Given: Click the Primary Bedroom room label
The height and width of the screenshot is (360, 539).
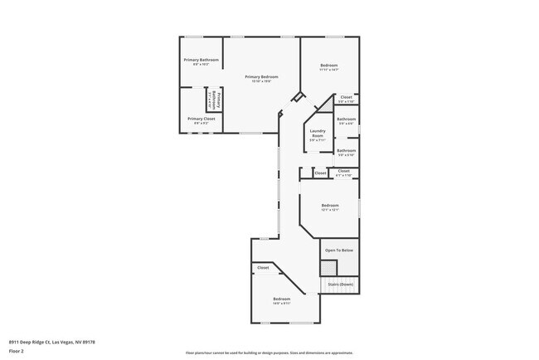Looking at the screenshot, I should pyautogui.click(x=261, y=76).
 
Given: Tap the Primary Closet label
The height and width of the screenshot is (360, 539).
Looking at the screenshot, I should pyautogui.click(x=201, y=119).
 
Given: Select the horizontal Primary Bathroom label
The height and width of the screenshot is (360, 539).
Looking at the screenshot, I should pyautogui.click(x=202, y=60).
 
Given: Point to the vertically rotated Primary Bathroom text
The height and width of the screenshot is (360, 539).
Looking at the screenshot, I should pyautogui.click(x=213, y=100).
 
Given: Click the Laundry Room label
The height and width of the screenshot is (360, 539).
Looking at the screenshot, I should pyautogui.click(x=318, y=133).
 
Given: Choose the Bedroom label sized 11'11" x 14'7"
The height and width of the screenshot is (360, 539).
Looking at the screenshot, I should pyautogui.click(x=329, y=66).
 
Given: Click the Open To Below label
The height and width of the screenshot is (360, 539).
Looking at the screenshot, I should pyautogui.click(x=339, y=250).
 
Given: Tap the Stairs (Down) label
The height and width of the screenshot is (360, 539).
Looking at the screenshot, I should pyautogui.click(x=340, y=284).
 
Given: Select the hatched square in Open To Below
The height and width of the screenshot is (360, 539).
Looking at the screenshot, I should pyautogui.click(x=328, y=267).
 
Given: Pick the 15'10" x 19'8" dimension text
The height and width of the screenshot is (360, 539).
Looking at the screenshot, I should pyautogui.click(x=261, y=81).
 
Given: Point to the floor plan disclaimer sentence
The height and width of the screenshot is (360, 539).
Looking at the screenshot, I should pyautogui.click(x=269, y=352).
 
